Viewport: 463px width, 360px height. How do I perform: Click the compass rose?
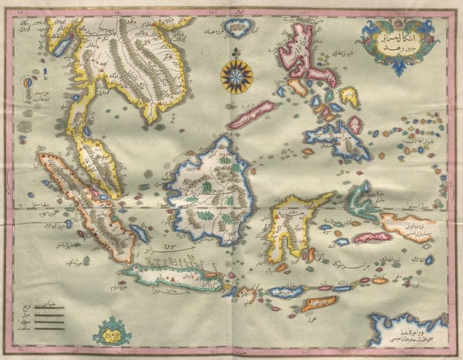tap(236, 75)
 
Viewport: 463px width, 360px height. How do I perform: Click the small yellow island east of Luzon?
tap(348, 95)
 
